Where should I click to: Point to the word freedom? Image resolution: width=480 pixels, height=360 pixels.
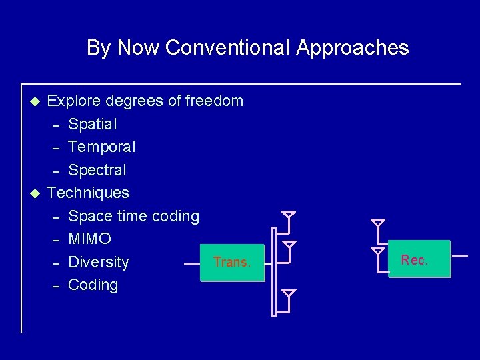coord(214,101)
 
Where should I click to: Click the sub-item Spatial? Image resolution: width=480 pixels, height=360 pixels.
coord(93,124)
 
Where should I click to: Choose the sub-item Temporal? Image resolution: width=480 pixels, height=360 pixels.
coord(102,147)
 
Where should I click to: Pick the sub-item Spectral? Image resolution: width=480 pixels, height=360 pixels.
coord(97,170)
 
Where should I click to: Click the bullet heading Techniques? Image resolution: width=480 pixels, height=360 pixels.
coord(88,193)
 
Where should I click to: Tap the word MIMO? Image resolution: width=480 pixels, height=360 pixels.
coord(90,239)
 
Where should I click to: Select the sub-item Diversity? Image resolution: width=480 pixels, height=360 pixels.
coord(99,262)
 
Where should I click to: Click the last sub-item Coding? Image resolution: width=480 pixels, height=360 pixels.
coord(93,285)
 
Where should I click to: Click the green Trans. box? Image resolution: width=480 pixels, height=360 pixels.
coord(232,263)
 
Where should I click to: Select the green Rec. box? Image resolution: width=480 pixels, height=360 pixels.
coord(419,259)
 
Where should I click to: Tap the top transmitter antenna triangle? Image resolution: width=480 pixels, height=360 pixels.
coord(289,216)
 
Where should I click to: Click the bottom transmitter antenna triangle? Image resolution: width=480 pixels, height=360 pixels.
coord(289,293)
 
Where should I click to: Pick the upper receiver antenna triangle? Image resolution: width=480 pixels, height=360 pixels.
coord(378,223)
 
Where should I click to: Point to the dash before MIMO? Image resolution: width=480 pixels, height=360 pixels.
coord(57,239)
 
